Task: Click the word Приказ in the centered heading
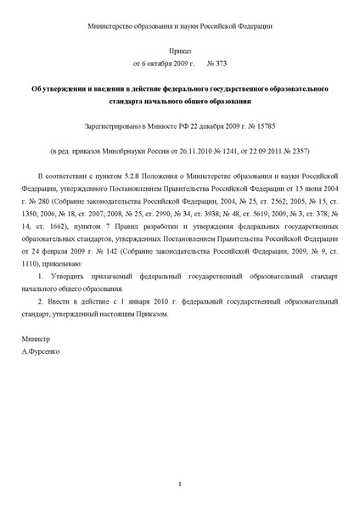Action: [x=180, y=51]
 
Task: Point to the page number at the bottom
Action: [x=180, y=484]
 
